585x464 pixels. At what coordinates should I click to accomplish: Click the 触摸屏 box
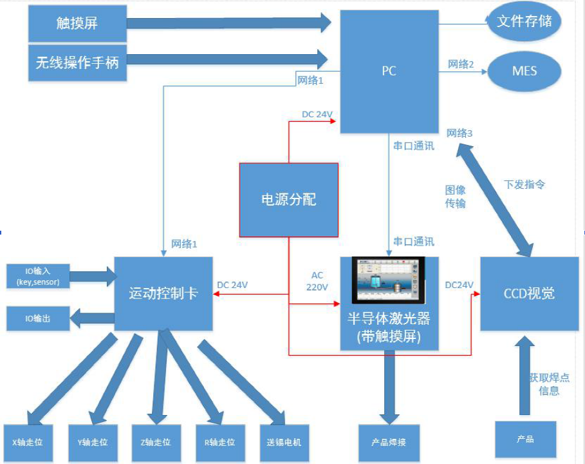pos(77,24)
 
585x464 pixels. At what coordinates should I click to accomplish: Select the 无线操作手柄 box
pos(77,63)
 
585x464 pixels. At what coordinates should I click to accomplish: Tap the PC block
pos(389,71)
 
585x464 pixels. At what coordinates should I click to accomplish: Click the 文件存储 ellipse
pos(525,21)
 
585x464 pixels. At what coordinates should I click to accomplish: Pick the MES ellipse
pos(525,71)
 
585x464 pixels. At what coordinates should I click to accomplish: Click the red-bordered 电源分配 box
pos(288,200)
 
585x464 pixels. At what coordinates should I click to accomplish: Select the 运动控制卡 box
pos(163,294)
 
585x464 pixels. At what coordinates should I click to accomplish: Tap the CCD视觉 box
pos(529,294)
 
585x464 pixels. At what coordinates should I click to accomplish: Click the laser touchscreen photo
pos(389,280)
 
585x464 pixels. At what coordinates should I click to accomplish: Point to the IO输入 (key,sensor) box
pos(37,276)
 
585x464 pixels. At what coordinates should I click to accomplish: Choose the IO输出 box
pos(37,318)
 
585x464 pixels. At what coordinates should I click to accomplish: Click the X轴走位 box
pos(28,443)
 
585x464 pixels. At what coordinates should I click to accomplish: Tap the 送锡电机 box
pos(284,443)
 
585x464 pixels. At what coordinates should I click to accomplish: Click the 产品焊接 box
pos(389,443)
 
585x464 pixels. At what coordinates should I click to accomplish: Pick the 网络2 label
pos(461,64)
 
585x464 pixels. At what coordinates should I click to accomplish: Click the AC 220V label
pos(317,282)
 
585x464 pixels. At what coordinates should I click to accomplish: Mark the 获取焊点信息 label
pos(549,383)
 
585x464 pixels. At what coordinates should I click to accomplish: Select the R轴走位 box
pos(219,443)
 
